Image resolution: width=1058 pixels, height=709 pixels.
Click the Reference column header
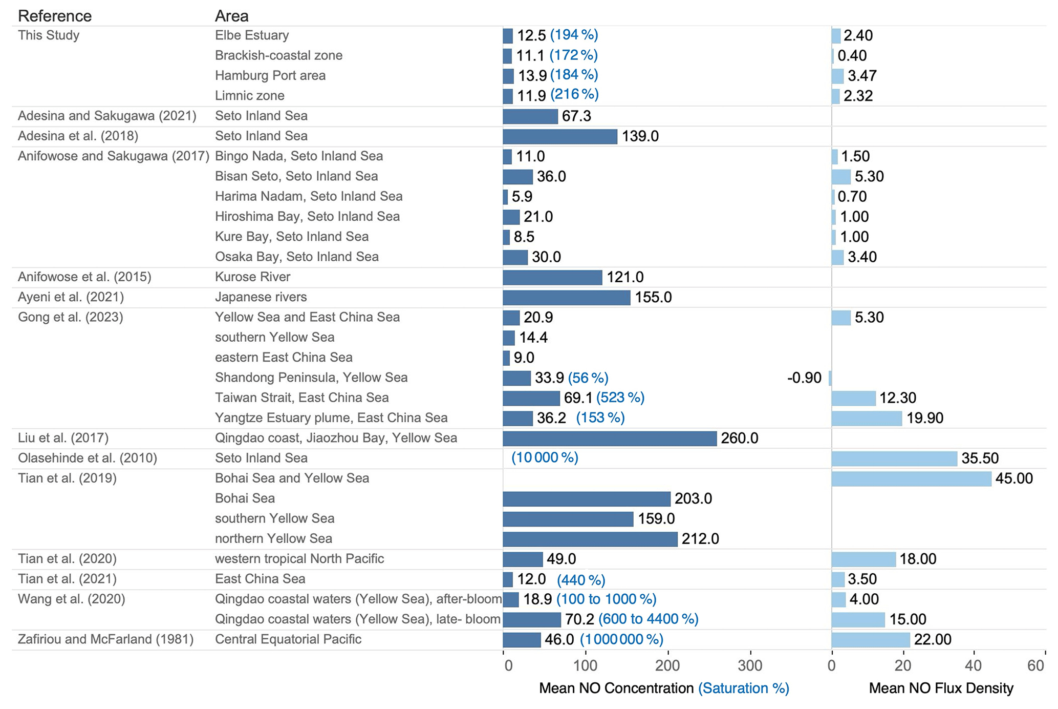[54, 16]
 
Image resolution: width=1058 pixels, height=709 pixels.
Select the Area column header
[231, 16]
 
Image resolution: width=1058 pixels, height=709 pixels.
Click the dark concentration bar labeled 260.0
[609, 439]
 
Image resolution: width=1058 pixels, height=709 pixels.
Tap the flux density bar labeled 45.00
[911, 478]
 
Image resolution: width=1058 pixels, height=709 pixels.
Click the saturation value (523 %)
[620, 398]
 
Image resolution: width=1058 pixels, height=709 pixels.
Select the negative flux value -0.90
[804, 378]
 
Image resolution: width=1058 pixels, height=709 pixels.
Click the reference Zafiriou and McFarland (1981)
[105, 639]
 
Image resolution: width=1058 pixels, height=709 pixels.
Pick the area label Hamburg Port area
[270, 76]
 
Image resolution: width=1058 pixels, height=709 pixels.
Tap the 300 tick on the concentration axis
[750, 665]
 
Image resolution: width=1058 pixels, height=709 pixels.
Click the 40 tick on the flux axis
[974, 665]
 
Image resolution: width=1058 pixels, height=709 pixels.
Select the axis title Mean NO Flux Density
[941, 689]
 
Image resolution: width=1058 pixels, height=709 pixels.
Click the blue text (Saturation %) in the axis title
[743, 689]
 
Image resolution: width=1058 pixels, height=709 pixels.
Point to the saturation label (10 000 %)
[545, 458]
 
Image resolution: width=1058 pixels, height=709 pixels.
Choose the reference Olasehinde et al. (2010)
[87, 458]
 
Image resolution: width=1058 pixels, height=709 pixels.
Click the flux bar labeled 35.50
[894, 458]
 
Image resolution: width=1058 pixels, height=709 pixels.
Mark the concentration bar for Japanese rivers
[566, 298]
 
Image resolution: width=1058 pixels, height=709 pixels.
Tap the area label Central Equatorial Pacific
[288, 639]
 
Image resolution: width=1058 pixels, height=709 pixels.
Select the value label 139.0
[640, 136]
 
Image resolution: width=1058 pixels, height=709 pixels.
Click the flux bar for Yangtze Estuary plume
[866, 419]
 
